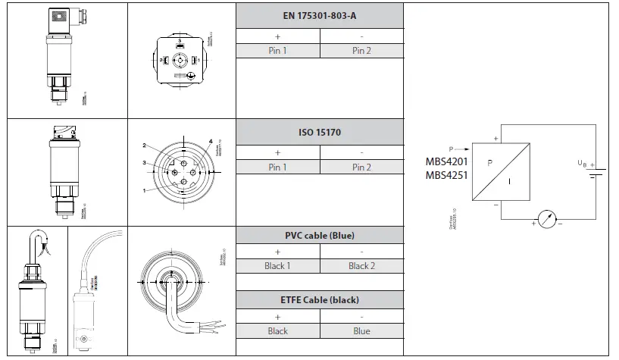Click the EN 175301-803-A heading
coord(320,16)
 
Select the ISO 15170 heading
coord(320,132)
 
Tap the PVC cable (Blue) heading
coord(320,235)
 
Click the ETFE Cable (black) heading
coord(320,300)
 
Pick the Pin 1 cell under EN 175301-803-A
coord(277,51)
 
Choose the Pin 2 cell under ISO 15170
coord(361,167)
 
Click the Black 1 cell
coord(277,266)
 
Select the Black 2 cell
coord(361,266)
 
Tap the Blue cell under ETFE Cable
coord(361,331)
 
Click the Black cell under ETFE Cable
coord(277,331)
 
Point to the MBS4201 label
coord(446,161)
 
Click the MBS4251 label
coord(446,175)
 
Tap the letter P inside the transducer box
coord(489,162)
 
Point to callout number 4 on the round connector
coord(211,141)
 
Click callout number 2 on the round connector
coord(144,146)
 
